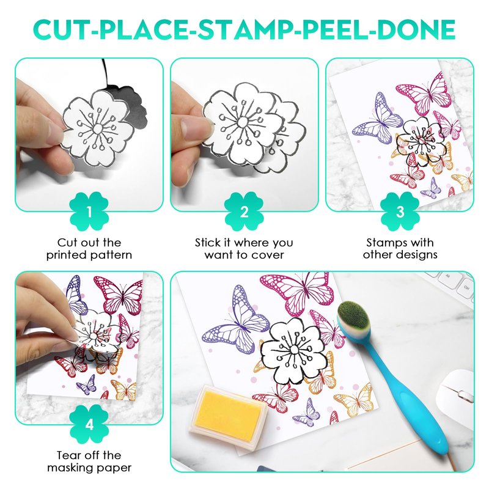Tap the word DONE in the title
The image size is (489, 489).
pyautogui.click(x=416, y=29)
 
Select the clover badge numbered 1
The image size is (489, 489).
pyautogui.click(x=89, y=211)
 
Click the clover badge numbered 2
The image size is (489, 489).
pyautogui.click(x=244, y=211)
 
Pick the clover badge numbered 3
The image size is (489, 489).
pyautogui.click(x=400, y=211)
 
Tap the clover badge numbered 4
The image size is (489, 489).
pyautogui.click(x=89, y=424)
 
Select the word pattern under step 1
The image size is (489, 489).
pyautogui.click(x=111, y=256)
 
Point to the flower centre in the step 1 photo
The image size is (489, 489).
pyautogui.click(x=97, y=128)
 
